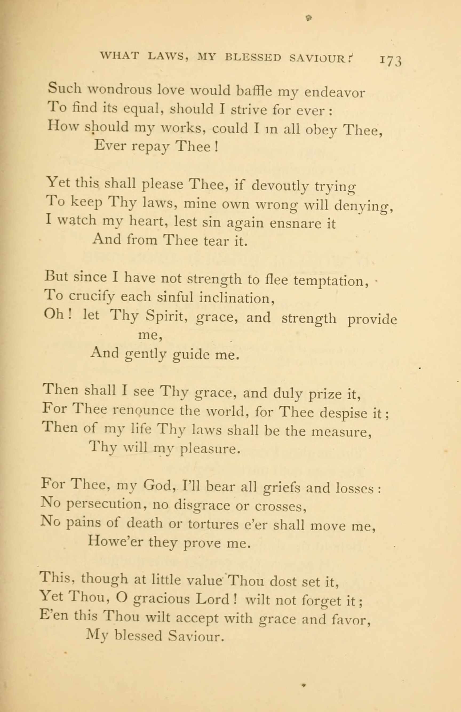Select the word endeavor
click(335, 93)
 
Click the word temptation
click(331, 281)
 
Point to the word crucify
click(92, 297)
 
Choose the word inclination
click(237, 298)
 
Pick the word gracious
click(161, 599)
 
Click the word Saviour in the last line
click(196, 636)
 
